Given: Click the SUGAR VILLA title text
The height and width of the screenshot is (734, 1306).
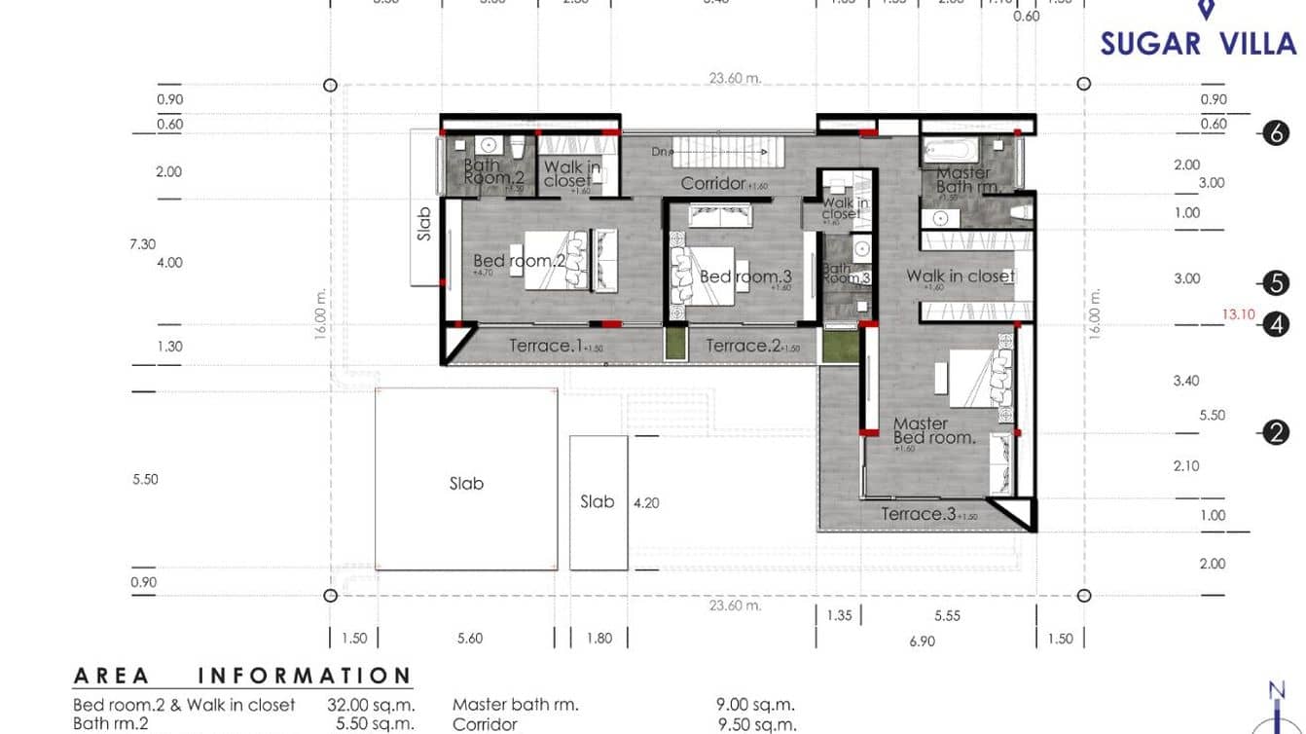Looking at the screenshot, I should tap(1198, 44).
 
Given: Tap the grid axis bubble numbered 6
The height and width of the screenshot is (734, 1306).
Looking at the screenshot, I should tap(1276, 133).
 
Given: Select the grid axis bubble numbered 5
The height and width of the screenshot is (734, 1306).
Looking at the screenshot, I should tap(1276, 283).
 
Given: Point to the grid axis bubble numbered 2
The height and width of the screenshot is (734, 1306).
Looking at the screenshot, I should tap(1276, 432).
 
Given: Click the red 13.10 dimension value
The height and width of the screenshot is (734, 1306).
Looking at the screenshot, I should tap(1239, 314).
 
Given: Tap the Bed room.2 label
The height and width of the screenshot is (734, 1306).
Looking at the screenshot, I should tap(519, 261).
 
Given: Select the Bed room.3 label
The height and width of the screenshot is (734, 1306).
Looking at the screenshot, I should tap(745, 276).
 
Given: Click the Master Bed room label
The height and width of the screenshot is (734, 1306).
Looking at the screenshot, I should tap(934, 430).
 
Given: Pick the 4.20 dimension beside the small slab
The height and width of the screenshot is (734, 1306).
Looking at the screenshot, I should tap(646, 503).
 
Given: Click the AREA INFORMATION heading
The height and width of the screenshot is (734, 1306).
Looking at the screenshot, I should tap(242, 676).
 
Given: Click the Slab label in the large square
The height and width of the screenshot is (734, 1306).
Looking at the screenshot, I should tap(466, 483).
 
